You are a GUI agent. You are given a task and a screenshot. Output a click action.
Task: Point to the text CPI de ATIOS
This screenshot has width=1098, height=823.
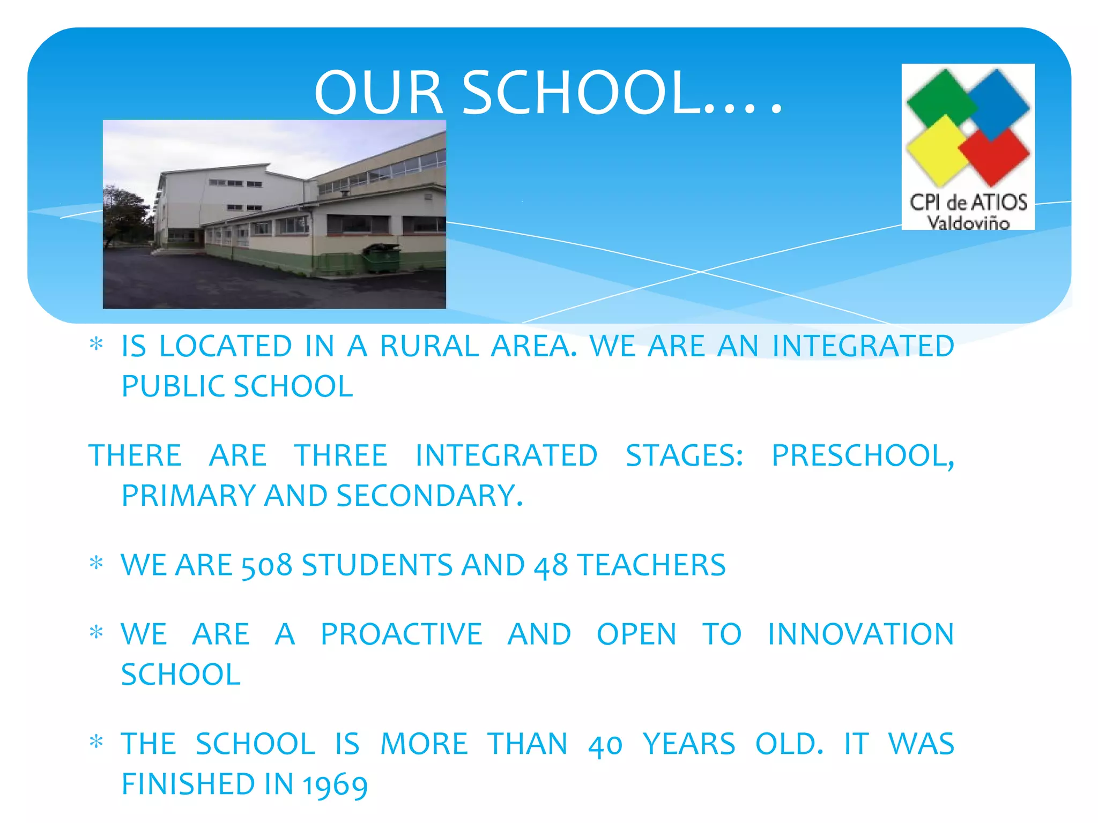[x=968, y=203]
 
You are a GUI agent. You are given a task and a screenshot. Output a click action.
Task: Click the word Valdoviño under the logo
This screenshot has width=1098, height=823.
[x=968, y=222]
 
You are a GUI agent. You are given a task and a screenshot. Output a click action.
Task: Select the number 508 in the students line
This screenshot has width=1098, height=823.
[x=266, y=566]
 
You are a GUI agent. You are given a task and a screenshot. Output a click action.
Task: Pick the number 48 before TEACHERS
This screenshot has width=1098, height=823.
[x=550, y=566]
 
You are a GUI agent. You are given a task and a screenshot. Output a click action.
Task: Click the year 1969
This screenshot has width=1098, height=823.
[x=335, y=785]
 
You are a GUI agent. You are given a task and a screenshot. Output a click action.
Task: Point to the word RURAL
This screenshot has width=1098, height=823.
[x=429, y=346]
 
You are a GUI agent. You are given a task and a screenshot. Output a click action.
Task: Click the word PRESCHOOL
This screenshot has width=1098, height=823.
[x=862, y=456]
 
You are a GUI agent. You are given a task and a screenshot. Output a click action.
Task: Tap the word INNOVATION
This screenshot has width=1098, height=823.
[x=860, y=635]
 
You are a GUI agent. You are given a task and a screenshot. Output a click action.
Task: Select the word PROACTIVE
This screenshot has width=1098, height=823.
[x=402, y=635]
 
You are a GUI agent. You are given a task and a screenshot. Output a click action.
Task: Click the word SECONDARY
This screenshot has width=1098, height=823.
[x=429, y=496]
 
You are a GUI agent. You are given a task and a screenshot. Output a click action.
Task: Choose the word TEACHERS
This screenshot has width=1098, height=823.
[x=651, y=566]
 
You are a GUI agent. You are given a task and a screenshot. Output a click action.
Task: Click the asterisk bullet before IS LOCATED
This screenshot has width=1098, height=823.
[x=97, y=345]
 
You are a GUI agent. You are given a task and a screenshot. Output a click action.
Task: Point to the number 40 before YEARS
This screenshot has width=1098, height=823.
[x=605, y=745]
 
